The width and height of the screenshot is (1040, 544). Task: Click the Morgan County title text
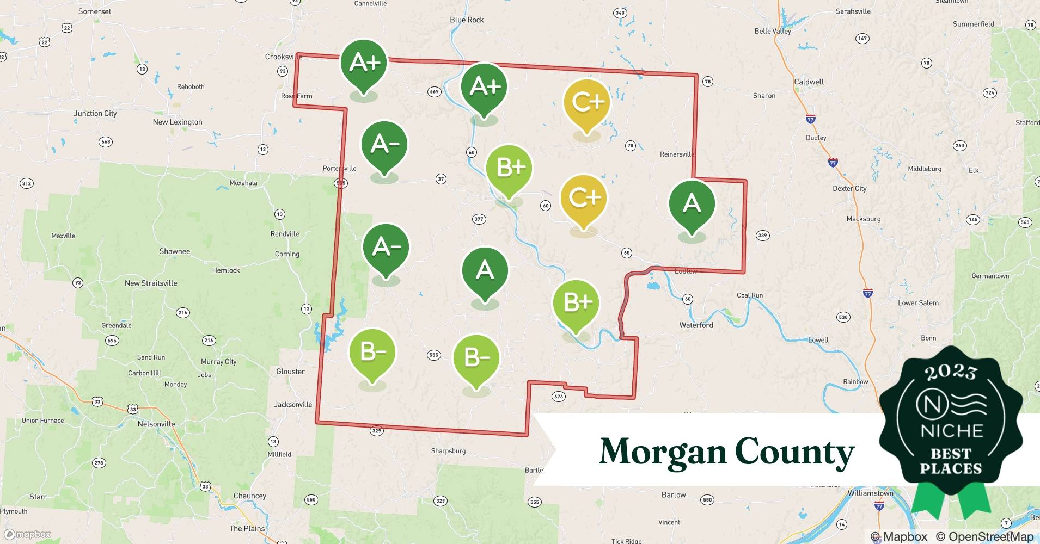click(x=726, y=452)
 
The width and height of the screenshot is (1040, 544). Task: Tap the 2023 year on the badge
click(x=951, y=372)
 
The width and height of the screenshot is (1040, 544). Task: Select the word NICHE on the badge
click(x=951, y=431)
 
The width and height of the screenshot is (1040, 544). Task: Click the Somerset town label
click(x=95, y=11)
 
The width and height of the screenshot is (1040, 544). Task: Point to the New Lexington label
click(x=178, y=122)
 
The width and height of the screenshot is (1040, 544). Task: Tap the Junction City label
click(x=95, y=113)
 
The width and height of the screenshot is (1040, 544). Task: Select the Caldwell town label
click(x=809, y=82)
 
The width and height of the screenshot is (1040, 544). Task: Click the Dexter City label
click(x=849, y=188)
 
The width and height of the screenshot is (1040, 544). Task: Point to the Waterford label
click(x=696, y=325)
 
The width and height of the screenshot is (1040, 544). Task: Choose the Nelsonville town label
click(x=156, y=424)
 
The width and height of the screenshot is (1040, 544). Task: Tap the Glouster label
click(x=290, y=372)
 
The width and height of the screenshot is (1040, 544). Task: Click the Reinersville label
click(x=677, y=154)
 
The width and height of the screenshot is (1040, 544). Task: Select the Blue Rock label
click(x=467, y=20)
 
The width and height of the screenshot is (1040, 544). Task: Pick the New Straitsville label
click(x=151, y=283)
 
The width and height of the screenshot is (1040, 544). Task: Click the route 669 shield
click(x=434, y=91)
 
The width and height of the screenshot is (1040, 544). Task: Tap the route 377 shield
click(x=479, y=219)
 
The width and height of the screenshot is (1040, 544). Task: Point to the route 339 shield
click(x=762, y=236)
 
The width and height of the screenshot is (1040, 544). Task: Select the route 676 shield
click(x=559, y=397)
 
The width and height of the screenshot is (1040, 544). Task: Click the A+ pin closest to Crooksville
click(x=364, y=64)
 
